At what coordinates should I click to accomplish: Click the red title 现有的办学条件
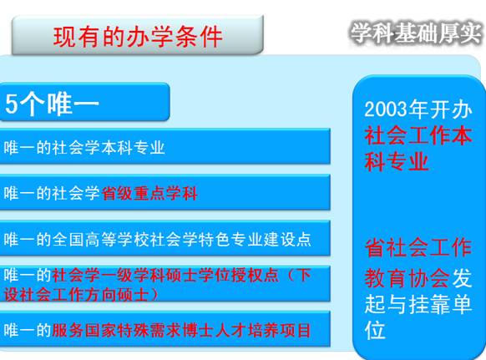tap(138, 37)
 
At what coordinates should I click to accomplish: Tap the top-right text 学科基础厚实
tap(417, 33)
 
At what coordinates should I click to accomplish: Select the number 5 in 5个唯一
tap(12, 104)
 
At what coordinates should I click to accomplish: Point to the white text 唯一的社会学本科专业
tap(84, 147)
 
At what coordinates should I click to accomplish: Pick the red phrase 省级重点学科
tap(149, 194)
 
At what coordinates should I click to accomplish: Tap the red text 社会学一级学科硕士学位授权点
tap(165, 276)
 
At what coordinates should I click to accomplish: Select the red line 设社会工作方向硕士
tap(76, 294)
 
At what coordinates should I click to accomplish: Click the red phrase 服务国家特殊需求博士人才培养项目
tap(181, 330)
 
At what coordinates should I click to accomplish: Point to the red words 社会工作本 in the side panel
tap(418, 136)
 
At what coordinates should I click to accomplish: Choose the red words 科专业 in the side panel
tap(397, 161)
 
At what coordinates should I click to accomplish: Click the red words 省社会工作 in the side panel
tap(418, 248)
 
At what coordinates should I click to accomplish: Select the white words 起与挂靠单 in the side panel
tap(418, 304)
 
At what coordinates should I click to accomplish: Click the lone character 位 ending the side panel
tap(375, 330)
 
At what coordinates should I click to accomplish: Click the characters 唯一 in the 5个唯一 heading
tap(73, 104)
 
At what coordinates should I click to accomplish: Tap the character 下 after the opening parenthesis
tap(303, 276)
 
